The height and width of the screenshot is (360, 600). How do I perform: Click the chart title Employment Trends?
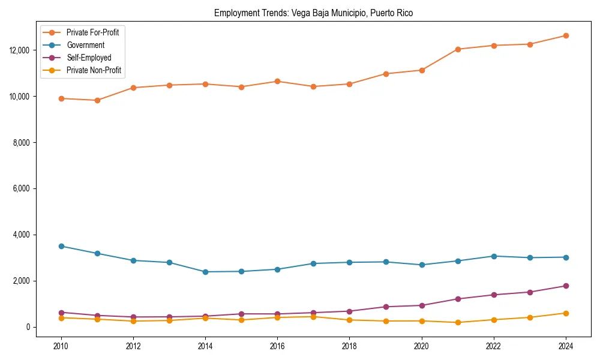click(313, 13)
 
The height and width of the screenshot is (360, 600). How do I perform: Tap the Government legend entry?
click(85, 45)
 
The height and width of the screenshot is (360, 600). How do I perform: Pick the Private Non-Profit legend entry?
click(94, 70)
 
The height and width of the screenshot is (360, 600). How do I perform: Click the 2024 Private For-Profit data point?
click(566, 35)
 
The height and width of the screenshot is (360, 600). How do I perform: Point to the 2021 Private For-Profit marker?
click(458, 49)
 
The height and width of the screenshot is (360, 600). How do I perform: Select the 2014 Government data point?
click(205, 272)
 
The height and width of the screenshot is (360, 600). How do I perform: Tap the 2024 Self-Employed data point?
click(566, 286)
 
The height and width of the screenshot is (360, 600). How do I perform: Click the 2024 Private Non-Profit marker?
click(566, 313)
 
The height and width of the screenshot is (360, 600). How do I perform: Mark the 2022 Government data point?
click(494, 256)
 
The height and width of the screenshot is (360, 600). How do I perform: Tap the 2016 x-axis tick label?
click(277, 346)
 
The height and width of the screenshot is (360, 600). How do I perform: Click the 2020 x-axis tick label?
click(422, 346)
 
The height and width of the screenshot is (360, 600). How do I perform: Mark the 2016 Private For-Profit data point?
click(277, 81)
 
